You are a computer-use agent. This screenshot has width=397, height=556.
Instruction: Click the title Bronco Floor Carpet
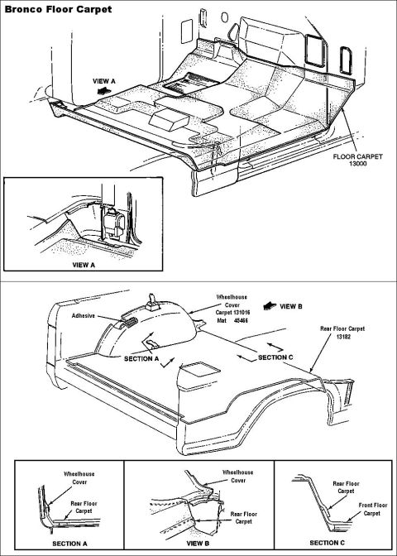pos(58,9)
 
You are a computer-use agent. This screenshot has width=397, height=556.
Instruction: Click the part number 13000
pos(357,164)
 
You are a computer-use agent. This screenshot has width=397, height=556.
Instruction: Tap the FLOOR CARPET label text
pos(357,156)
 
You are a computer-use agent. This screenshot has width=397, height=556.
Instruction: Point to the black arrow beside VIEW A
pos(102,91)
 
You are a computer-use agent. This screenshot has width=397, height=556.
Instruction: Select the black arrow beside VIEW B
pos(270,306)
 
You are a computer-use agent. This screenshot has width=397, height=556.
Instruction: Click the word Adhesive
pos(84,315)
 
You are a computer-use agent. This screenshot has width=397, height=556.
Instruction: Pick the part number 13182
pos(343,337)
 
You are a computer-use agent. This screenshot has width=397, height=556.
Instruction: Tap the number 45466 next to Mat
pos(241,320)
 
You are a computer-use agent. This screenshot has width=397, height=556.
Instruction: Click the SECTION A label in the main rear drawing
pos(141,359)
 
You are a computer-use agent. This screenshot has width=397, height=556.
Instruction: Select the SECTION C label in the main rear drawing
pos(275,357)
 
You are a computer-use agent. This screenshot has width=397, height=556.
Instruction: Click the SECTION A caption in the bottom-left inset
pos(69,544)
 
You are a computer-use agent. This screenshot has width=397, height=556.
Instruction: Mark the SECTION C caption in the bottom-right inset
pos(327,543)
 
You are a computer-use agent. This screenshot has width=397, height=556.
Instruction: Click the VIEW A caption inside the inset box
pos(84,265)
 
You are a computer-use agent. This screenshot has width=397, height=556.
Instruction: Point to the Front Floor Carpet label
pos(373,509)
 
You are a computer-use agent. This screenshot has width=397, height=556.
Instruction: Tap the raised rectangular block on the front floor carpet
pos(169,119)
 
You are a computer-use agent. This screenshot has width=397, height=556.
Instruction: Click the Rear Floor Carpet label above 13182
pos(342,328)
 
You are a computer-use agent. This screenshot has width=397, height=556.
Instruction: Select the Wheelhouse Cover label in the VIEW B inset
pos(238,477)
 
